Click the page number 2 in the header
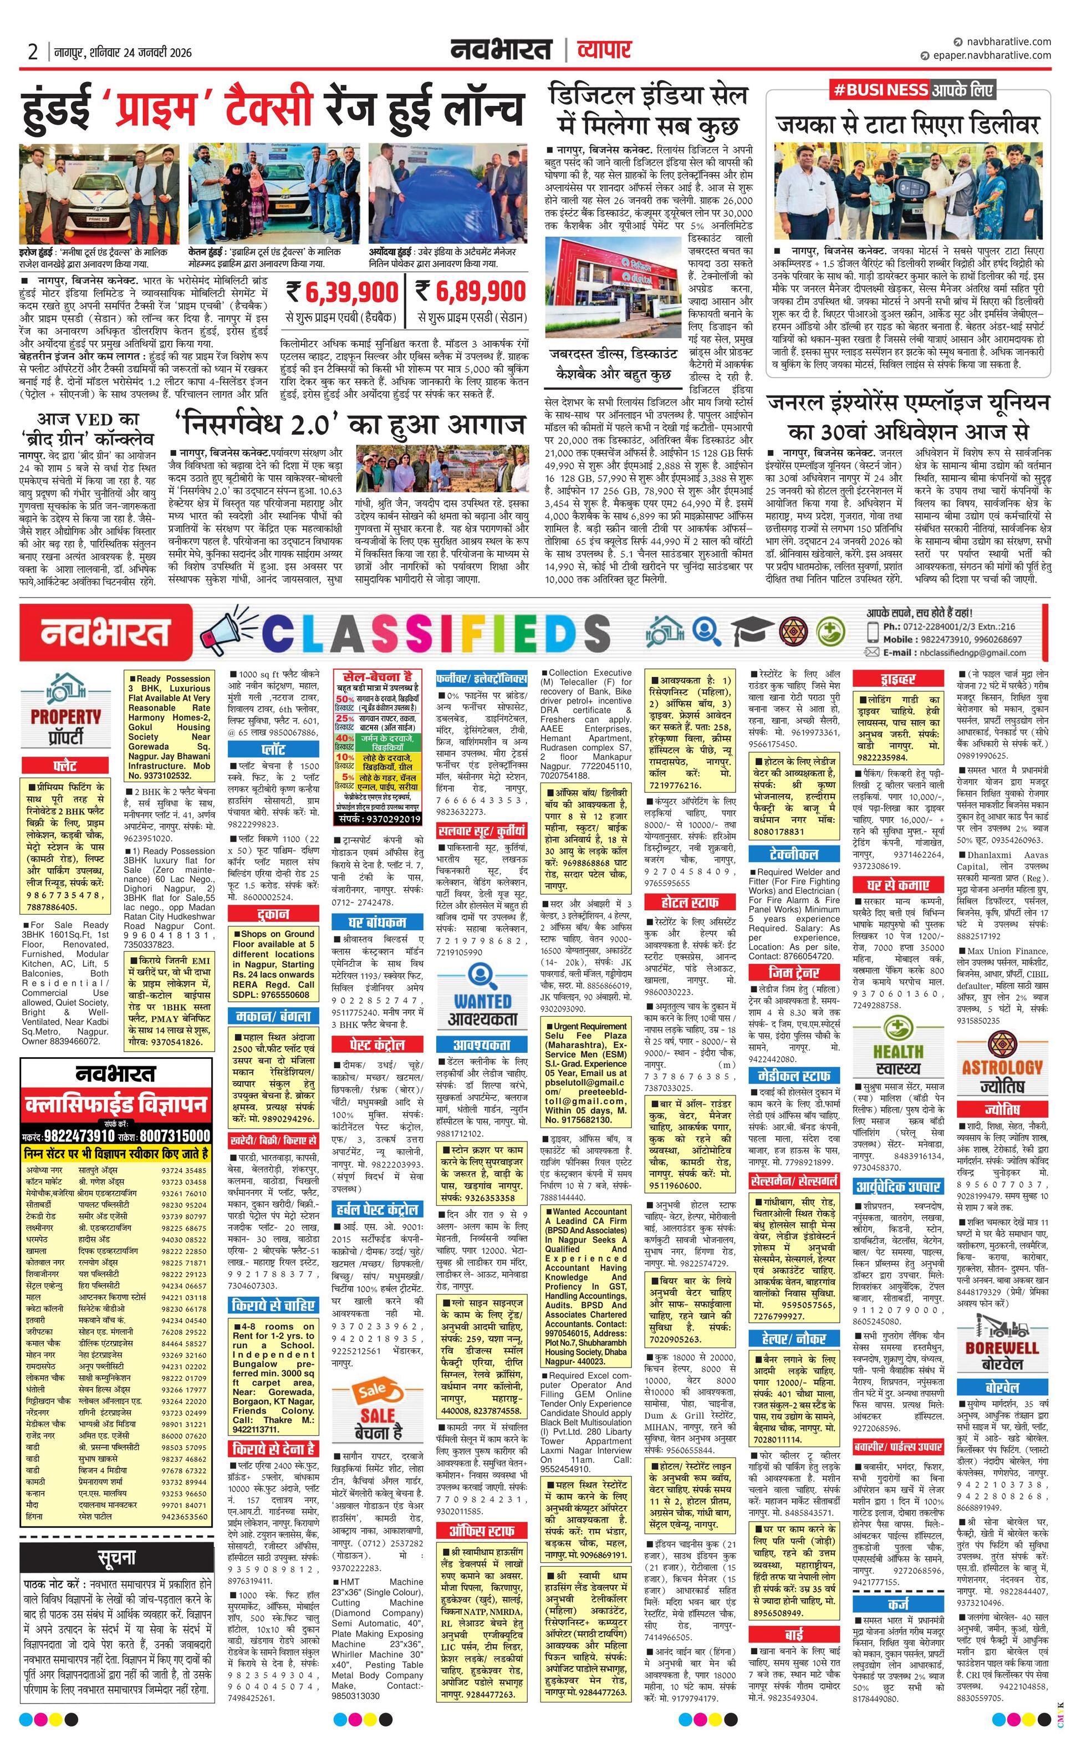pos(33,52)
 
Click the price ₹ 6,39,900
pos(342,292)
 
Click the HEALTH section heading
pos(897,1052)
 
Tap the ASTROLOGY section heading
pos(1002,1068)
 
